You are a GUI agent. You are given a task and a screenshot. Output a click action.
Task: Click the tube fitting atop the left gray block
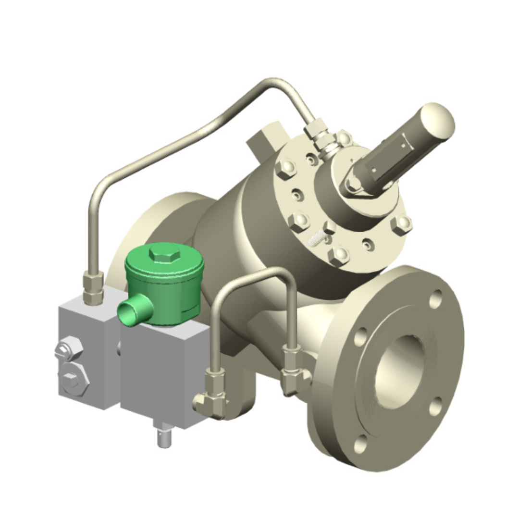pyautogui.click(x=93, y=287)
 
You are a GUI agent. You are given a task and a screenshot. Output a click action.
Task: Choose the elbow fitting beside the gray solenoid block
pyautogui.click(x=211, y=396)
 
